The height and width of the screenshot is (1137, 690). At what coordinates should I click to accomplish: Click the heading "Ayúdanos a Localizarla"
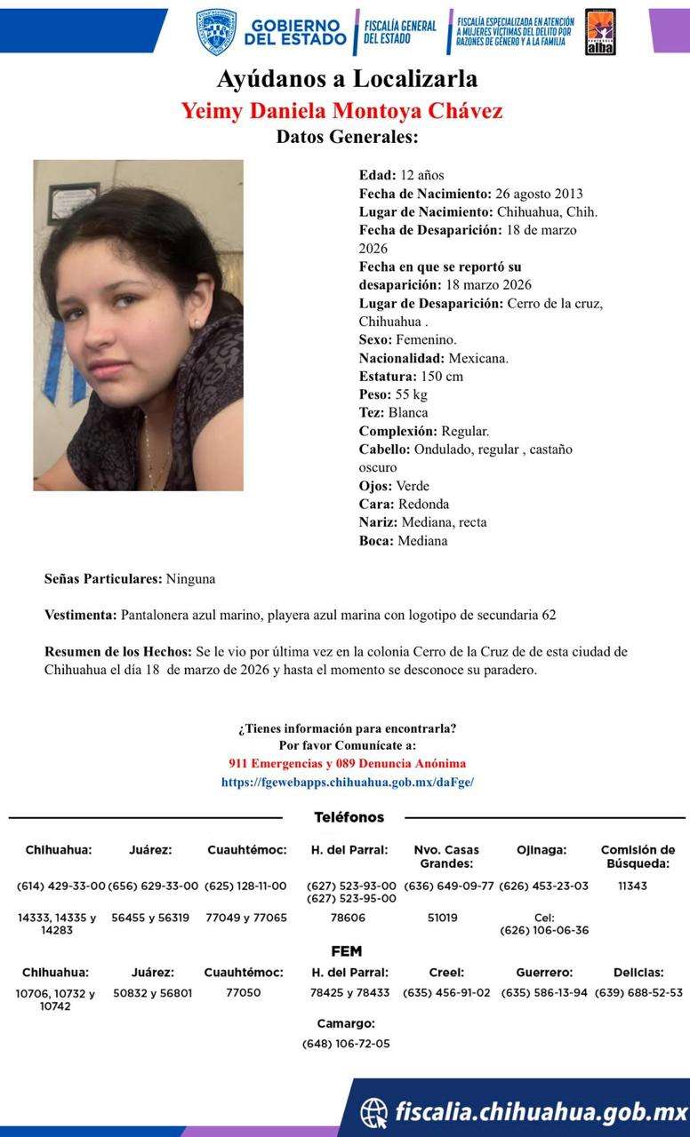pyautogui.click(x=346, y=79)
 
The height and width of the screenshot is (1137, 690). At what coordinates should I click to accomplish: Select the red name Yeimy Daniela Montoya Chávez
pyautogui.click(x=342, y=111)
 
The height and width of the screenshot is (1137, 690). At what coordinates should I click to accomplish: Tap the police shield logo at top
pyautogui.click(x=216, y=32)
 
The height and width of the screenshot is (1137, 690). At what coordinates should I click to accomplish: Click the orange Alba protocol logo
pyautogui.click(x=600, y=32)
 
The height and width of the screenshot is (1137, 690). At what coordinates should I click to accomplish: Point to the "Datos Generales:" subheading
pyautogui.click(x=347, y=137)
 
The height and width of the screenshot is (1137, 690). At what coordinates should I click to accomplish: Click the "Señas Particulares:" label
pyautogui.click(x=103, y=579)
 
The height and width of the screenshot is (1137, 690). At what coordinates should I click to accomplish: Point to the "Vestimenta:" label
pyautogui.click(x=80, y=615)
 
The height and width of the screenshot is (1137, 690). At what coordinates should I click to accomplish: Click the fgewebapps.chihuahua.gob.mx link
pyautogui.click(x=348, y=783)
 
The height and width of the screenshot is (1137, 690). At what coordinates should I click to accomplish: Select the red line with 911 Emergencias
pyautogui.click(x=347, y=764)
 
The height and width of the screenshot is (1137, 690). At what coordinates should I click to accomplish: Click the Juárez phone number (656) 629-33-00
pyautogui.click(x=153, y=887)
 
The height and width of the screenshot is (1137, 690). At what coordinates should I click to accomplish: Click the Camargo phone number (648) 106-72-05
pyautogui.click(x=346, y=1044)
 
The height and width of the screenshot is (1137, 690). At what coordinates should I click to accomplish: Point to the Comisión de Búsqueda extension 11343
pyautogui.click(x=632, y=887)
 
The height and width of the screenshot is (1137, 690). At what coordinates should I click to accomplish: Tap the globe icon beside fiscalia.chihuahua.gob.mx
pyautogui.click(x=374, y=1112)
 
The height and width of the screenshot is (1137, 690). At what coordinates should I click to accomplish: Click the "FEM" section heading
pyautogui.click(x=346, y=951)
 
